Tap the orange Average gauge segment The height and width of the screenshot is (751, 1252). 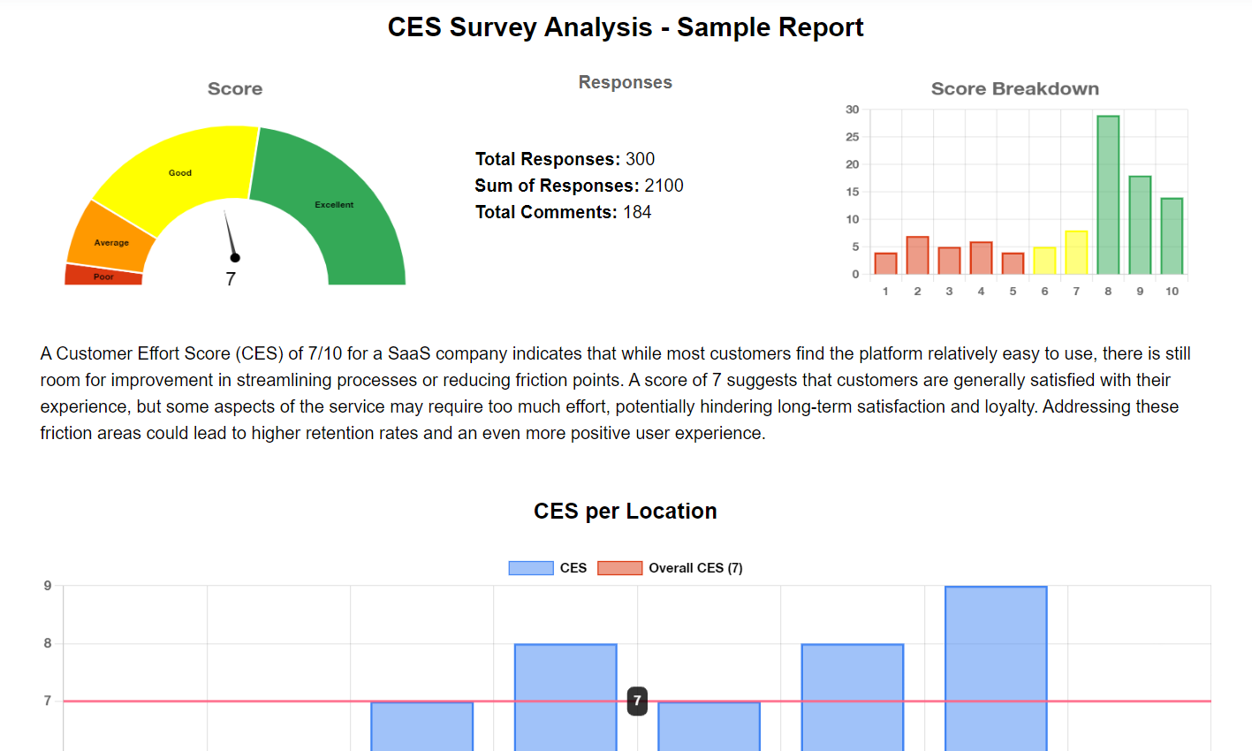pos(110,241)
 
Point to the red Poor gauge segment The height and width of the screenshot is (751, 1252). pos(103,276)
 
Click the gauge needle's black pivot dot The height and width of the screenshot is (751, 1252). pos(235,258)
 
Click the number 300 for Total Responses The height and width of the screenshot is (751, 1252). pos(640,159)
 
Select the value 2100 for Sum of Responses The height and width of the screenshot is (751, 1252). pos(664,186)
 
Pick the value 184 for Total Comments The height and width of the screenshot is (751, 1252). pos(637,212)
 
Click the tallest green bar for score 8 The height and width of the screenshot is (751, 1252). pos(1108,194)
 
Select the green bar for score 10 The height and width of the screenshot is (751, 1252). pos(1172,236)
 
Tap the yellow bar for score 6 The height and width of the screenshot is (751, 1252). pos(1044,261)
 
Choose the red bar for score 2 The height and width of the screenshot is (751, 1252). pos(917,255)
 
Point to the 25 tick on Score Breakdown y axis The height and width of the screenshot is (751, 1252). pos(852,137)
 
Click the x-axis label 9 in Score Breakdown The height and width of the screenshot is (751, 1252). pos(1140,291)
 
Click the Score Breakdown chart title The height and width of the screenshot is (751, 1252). pos(1014,88)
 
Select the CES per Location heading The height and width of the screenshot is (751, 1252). pos(625,511)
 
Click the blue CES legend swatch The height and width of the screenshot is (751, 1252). pos(530,568)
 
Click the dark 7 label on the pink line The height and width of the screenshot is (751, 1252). pos(637,701)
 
